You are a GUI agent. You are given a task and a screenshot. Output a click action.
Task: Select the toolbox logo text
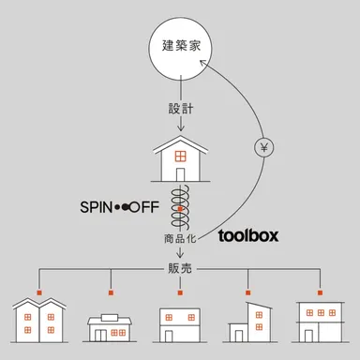tap(248, 236)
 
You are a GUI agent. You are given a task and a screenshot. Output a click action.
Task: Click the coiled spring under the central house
tap(180, 208)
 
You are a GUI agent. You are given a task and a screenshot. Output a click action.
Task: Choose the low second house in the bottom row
tap(111, 330)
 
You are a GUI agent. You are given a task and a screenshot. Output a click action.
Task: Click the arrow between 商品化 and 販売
tap(180, 254)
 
